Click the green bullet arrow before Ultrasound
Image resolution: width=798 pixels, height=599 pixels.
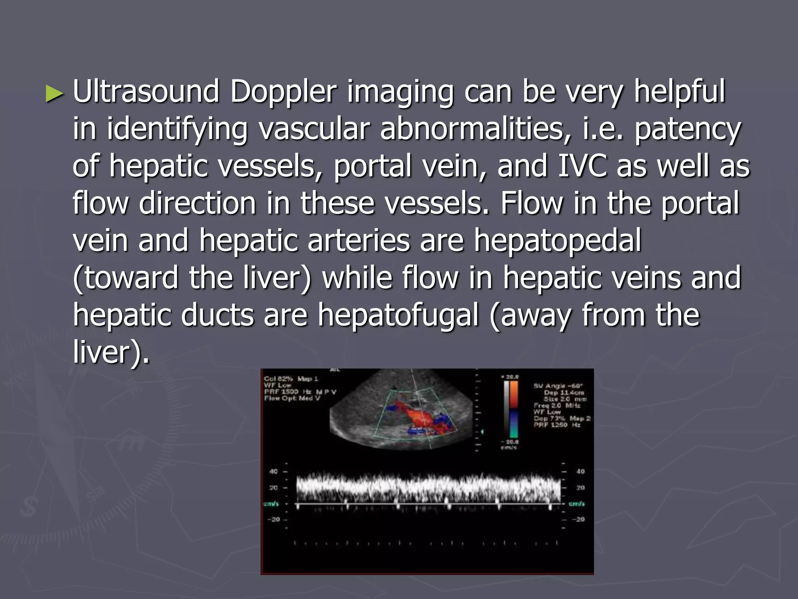coord(54,94)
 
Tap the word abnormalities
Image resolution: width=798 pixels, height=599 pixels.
coord(476,129)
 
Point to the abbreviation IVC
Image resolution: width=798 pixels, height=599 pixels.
coord(582,166)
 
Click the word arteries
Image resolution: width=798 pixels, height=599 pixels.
coord(358,241)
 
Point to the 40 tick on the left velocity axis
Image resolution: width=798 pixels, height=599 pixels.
coord(274,471)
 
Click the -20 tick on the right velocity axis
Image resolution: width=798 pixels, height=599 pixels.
coord(580,519)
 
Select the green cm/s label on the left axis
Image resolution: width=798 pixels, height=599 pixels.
coord(271,504)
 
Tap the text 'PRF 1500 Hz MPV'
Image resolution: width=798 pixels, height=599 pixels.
coord(300,392)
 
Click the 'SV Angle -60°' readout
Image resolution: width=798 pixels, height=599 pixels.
coord(558,386)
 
